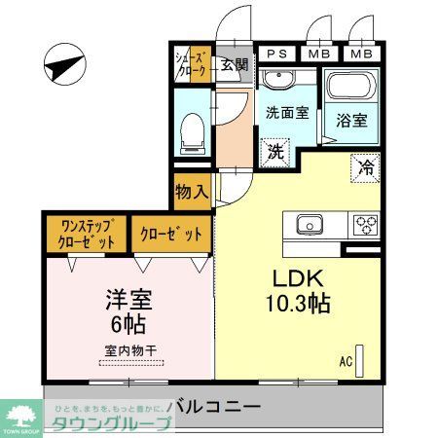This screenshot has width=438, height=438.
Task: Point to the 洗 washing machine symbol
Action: point(276,152)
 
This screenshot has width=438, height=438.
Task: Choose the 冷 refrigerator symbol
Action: point(367,165)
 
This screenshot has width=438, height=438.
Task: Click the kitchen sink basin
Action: point(310,223)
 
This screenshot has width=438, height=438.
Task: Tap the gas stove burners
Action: point(366,224)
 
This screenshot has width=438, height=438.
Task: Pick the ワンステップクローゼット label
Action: point(83,234)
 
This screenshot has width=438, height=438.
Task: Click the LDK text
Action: point(289,276)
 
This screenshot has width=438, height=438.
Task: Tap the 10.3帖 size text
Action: point(297,303)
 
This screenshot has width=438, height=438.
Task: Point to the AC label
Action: point(346,361)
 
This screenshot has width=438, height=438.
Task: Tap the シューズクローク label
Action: point(192,63)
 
